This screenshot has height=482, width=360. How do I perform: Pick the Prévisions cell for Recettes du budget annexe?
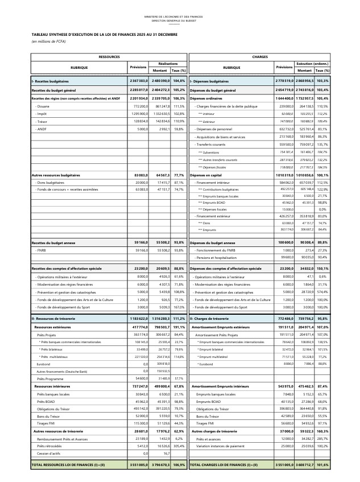tap(139, 243)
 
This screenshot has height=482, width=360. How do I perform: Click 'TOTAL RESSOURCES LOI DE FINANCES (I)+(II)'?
tap(68, 465)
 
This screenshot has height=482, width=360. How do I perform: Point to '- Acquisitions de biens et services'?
tap(220, 137)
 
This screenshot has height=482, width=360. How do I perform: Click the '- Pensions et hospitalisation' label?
tap(218, 257)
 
